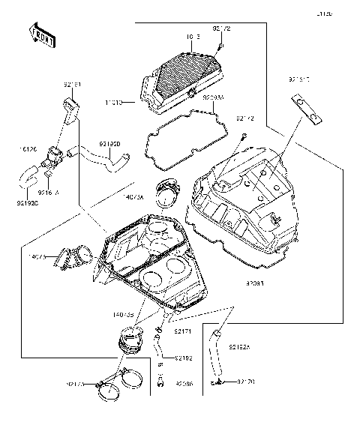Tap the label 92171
(x=183, y=331)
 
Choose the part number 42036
(x=184, y=384)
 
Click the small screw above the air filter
(x=222, y=46)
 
